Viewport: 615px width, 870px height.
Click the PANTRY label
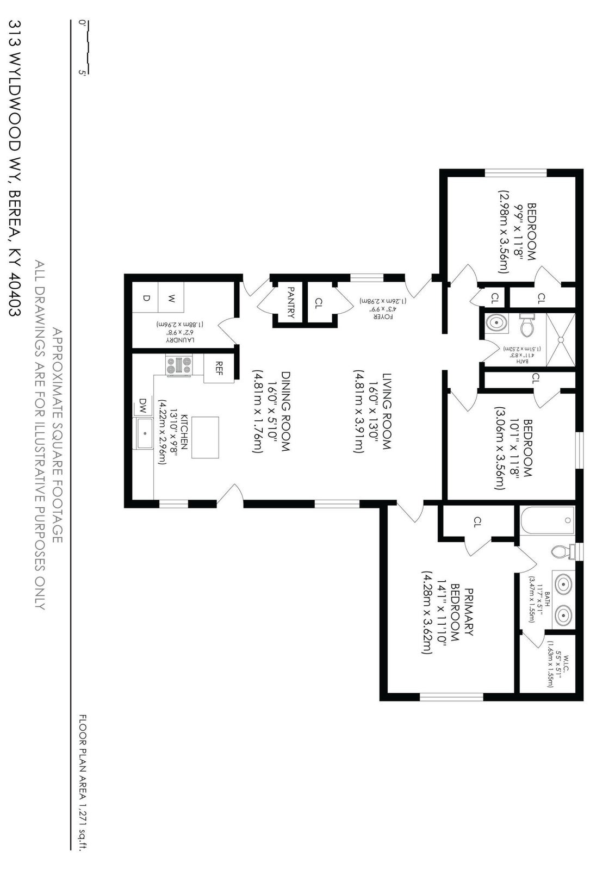coord(291,302)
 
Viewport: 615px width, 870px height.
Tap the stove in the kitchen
coord(179,365)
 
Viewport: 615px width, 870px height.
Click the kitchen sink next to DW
coord(145,433)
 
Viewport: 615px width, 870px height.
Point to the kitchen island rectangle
coord(205,437)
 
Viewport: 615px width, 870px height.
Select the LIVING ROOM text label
coord(386,411)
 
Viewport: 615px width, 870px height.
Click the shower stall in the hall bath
coord(560,338)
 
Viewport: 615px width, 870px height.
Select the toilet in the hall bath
coord(526,326)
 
